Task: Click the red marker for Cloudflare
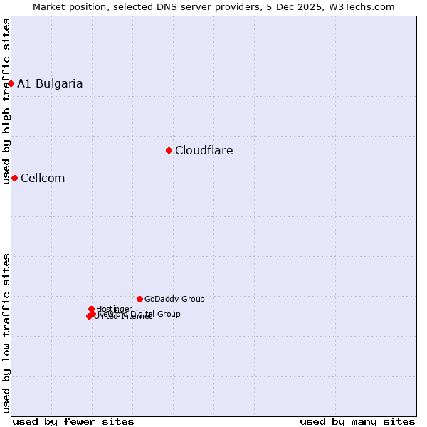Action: (169, 150)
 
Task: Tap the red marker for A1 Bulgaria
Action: (11, 83)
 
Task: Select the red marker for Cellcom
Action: (14, 178)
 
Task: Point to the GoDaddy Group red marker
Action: (139, 299)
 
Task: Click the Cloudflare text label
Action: (204, 150)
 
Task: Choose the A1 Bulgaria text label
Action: (50, 83)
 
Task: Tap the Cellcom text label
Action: (43, 178)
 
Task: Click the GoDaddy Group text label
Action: (174, 299)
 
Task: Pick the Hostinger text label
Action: (114, 309)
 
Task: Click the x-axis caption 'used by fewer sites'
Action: (73, 421)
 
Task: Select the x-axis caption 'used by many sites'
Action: (357, 421)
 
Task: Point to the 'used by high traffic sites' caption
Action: (6, 101)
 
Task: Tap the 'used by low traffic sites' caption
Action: (6, 332)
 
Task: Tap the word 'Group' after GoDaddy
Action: (193, 299)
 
